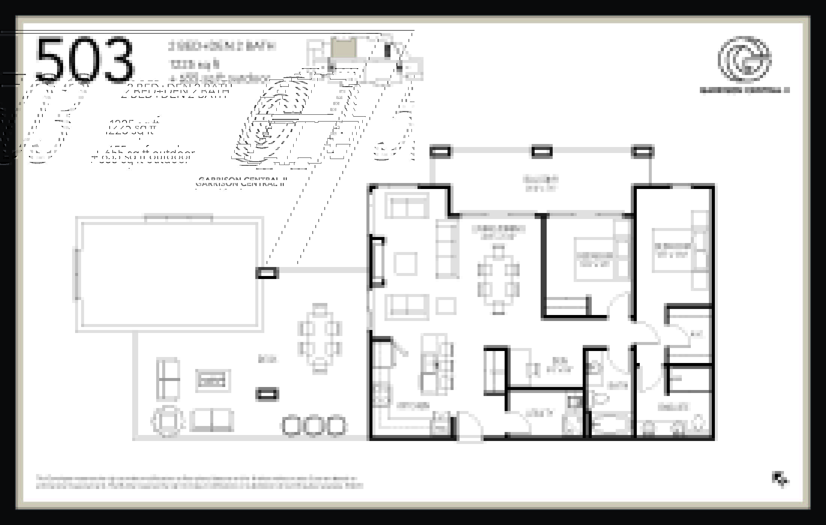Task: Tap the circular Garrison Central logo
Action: [x=744, y=60]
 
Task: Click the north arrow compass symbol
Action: [x=780, y=479]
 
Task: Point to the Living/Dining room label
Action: [x=498, y=232]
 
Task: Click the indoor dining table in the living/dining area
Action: [x=498, y=280]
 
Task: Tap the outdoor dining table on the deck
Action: [x=320, y=339]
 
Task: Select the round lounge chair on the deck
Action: [x=167, y=421]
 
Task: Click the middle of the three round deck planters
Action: [x=314, y=426]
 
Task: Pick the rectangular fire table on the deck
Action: [x=213, y=381]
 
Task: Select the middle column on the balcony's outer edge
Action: [x=542, y=151]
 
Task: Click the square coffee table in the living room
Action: [x=405, y=264]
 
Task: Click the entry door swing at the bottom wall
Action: [x=469, y=427]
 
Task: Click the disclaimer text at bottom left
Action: [x=199, y=482]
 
